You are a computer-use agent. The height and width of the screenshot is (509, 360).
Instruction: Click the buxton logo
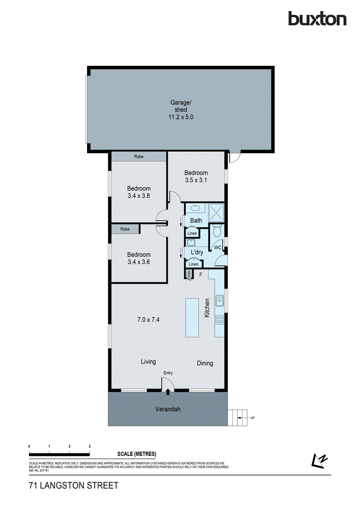(317, 19)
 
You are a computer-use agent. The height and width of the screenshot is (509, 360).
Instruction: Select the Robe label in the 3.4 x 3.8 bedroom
(138, 157)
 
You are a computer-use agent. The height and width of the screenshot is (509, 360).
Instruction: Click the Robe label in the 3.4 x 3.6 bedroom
(125, 229)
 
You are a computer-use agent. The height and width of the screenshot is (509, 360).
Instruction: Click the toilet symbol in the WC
(217, 232)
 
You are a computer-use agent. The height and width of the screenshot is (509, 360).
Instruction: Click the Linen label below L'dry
(193, 264)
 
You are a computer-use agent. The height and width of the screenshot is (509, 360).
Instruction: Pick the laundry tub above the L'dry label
(191, 243)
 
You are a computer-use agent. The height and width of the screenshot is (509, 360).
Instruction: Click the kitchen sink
(219, 301)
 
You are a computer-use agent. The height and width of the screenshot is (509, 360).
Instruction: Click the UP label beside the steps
(252, 418)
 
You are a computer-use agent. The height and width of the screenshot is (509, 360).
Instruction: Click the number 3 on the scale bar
(90, 447)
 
